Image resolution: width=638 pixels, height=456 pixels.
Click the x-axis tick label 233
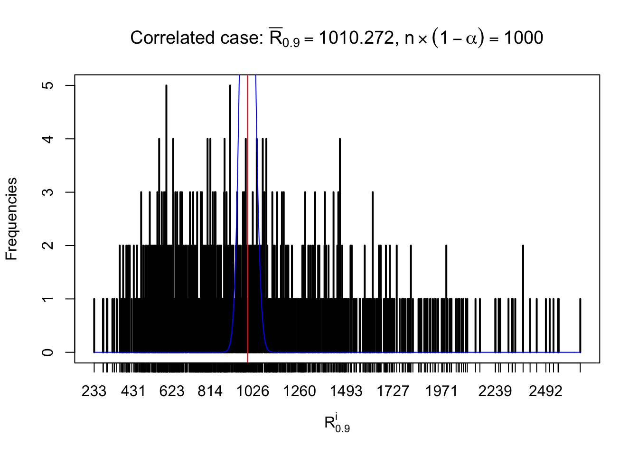click(94, 391)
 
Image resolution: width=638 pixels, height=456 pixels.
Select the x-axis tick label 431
click(133, 391)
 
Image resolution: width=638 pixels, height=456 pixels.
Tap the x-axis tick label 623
click(171, 391)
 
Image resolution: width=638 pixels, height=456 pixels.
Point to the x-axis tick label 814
click(210, 391)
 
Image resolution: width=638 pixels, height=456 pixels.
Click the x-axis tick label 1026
click(253, 391)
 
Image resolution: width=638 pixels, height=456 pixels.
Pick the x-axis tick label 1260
click(300, 391)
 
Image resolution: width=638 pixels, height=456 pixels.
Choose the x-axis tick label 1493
click(346, 391)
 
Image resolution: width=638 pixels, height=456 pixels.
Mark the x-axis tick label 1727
click(393, 391)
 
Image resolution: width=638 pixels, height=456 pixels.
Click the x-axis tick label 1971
click(441, 391)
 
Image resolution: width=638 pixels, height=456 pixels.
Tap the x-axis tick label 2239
click(495, 391)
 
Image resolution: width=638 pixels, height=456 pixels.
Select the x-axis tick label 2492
click(546, 391)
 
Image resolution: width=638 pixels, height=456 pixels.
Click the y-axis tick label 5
click(47, 85)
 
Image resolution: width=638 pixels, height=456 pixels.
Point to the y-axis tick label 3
click(47, 192)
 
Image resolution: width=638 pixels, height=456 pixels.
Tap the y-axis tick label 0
click(47, 352)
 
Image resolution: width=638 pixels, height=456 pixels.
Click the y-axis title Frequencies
click(11, 219)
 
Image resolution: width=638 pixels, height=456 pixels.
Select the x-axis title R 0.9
click(337, 423)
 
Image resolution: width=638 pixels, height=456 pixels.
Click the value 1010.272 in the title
click(356, 38)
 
